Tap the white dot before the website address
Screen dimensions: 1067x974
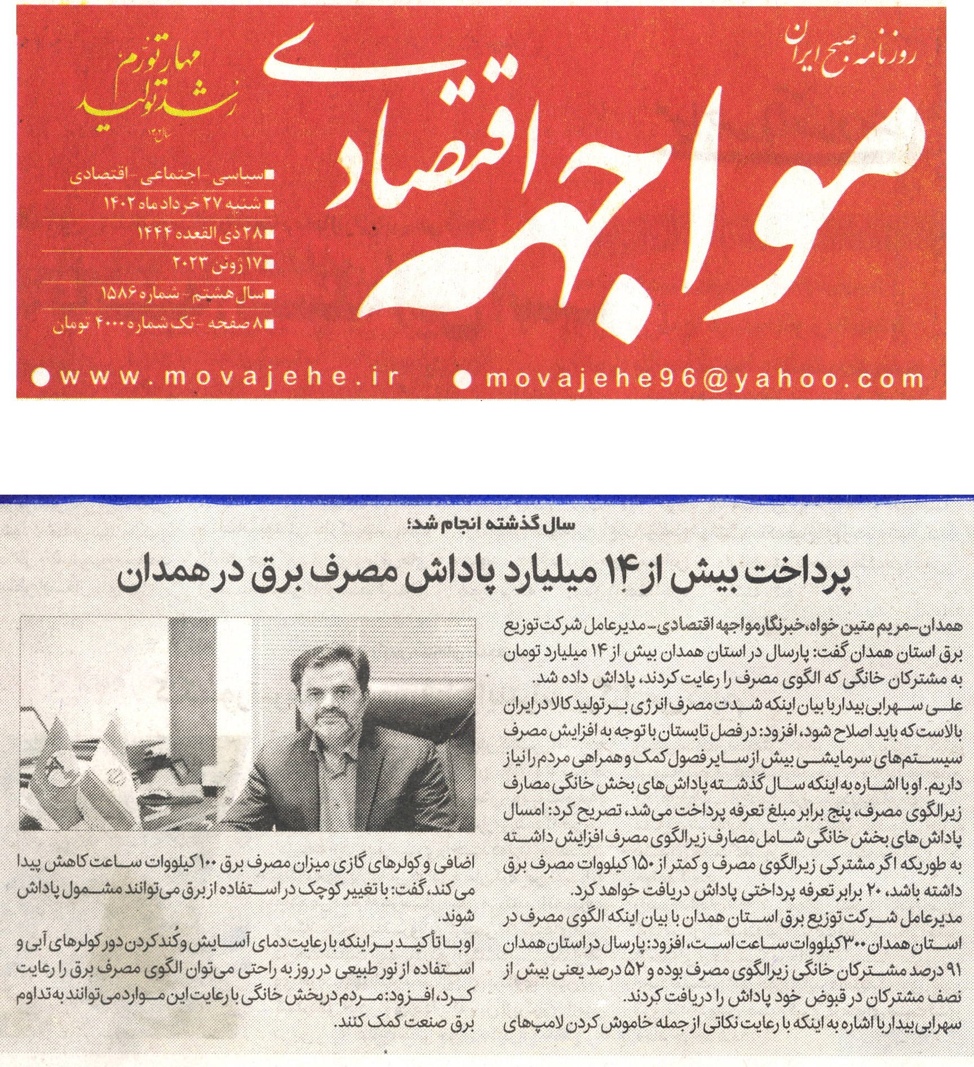(x=40, y=377)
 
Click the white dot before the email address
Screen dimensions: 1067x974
(x=462, y=379)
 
